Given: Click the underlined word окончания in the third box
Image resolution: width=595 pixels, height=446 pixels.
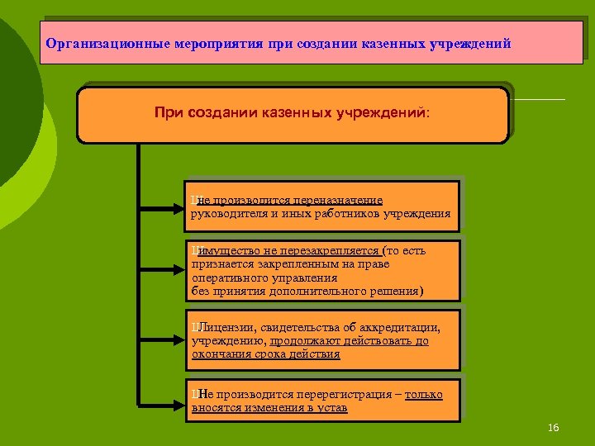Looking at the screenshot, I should tap(221, 354).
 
